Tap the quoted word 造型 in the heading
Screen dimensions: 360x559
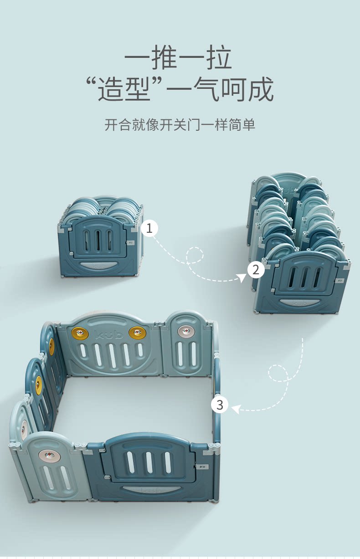[x=124, y=89]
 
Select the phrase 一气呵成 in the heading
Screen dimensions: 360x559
[x=220, y=89]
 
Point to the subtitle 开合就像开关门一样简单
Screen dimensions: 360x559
[x=180, y=124]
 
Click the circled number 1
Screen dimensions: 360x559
[x=149, y=228]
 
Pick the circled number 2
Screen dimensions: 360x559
[x=256, y=270]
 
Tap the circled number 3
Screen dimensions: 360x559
[x=220, y=404]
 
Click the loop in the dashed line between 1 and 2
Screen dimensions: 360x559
[x=195, y=255]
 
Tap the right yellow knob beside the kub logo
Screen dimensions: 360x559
[x=137, y=333]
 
